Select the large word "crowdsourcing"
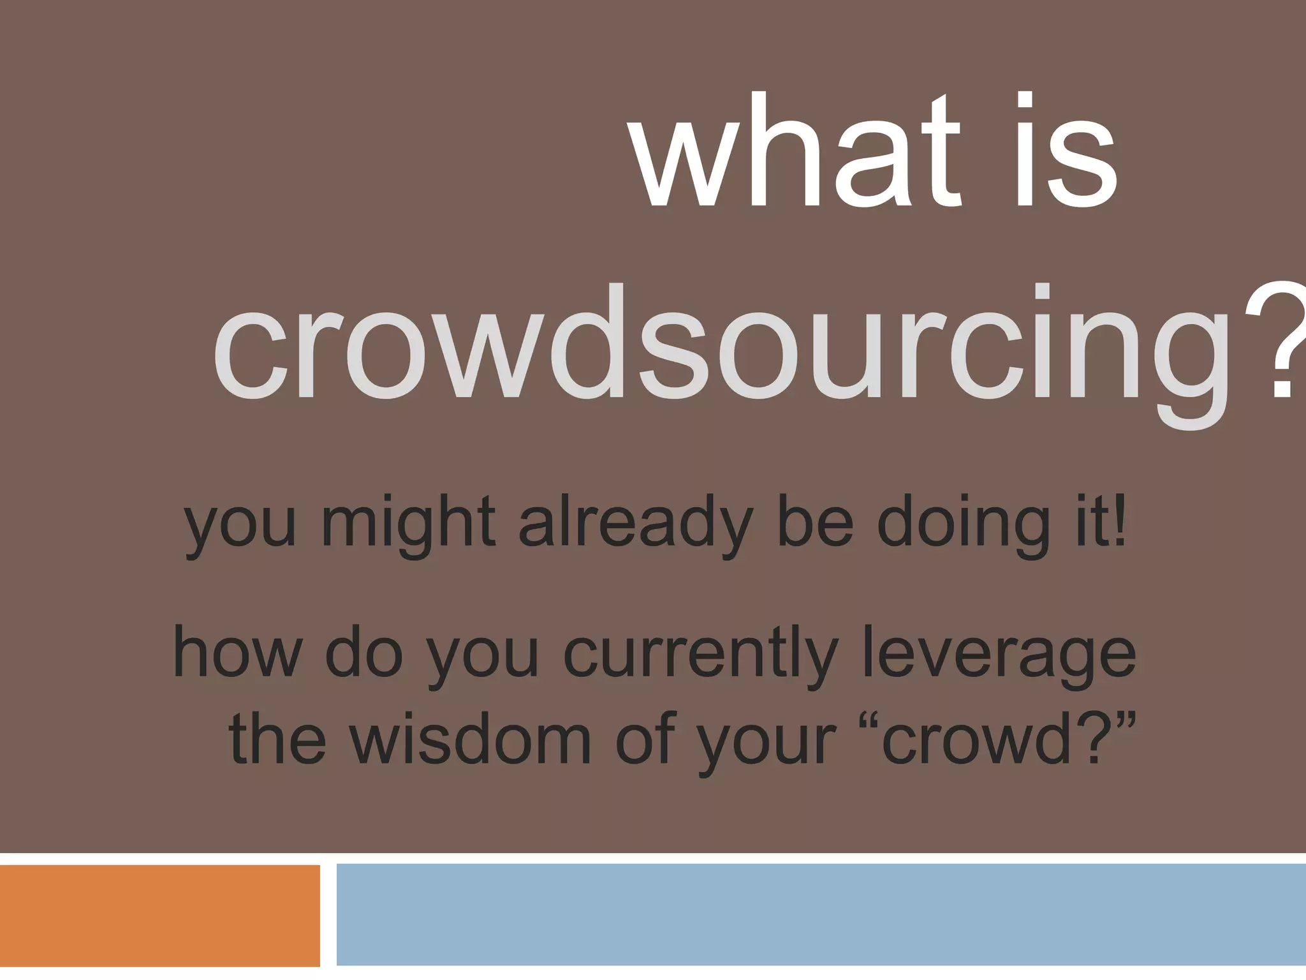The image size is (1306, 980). pyautogui.click(x=721, y=348)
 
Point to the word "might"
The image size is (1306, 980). pyautogui.click(x=408, y=523)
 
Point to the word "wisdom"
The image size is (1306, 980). pyautogui.click(x=472, y=740)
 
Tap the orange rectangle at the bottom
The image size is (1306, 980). pyautogui.click(x=159, y=916)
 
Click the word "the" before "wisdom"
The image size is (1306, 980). pyautogui.click(x=277, y=740)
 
